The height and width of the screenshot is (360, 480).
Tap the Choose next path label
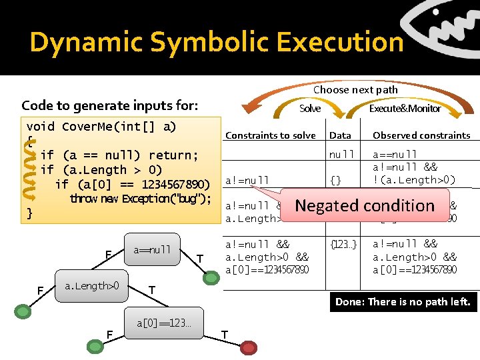(x=355, y=89)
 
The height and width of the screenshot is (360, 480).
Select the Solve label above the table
(x=310, y=108)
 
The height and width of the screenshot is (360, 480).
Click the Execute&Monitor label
(x=405, y=108)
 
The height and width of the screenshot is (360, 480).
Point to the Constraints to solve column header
(x=270, y=135)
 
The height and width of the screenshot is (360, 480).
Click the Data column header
(x=340, y=135)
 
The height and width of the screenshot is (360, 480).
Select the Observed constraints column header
(x=421, y=135)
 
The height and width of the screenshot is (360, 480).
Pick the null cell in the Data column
(x=342, y=154)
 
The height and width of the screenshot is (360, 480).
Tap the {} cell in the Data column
(x=335, y=179)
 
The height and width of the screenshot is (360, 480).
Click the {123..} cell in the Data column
(x=344, y=244)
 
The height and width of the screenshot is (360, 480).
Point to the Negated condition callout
(x=365, y=205)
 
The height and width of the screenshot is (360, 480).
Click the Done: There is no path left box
(x=403, y=301)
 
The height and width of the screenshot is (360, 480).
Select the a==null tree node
(x=152, y=250)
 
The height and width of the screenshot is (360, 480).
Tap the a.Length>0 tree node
(x=92, y=286)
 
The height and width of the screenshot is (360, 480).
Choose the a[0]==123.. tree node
(x=163, y=323)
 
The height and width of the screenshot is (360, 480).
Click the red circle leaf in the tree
(x=249, y=347)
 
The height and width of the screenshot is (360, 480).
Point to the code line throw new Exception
(x=140, y=199)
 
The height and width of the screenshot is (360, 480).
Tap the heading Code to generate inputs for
(x=109, y=105)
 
